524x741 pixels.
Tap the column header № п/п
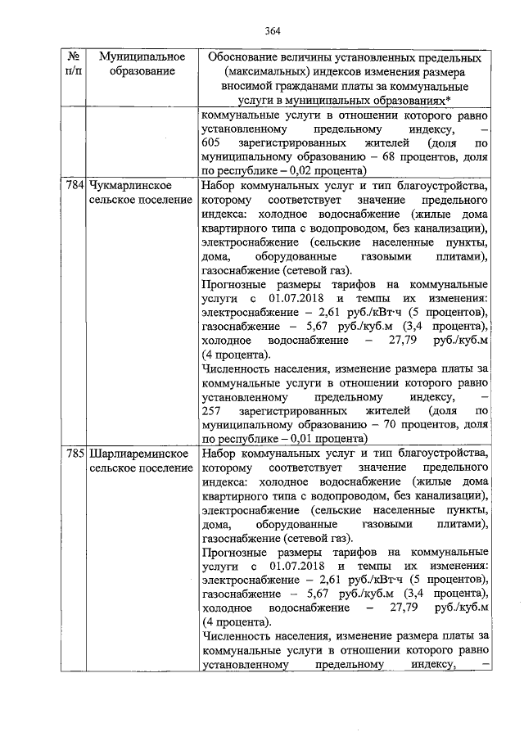[x=74, y=65]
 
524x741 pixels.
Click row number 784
[x=74, y=186]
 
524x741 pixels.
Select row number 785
[x=74, y=453]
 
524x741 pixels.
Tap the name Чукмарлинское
[x=129, y=186]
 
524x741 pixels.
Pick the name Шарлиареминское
[x=135, y=453]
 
